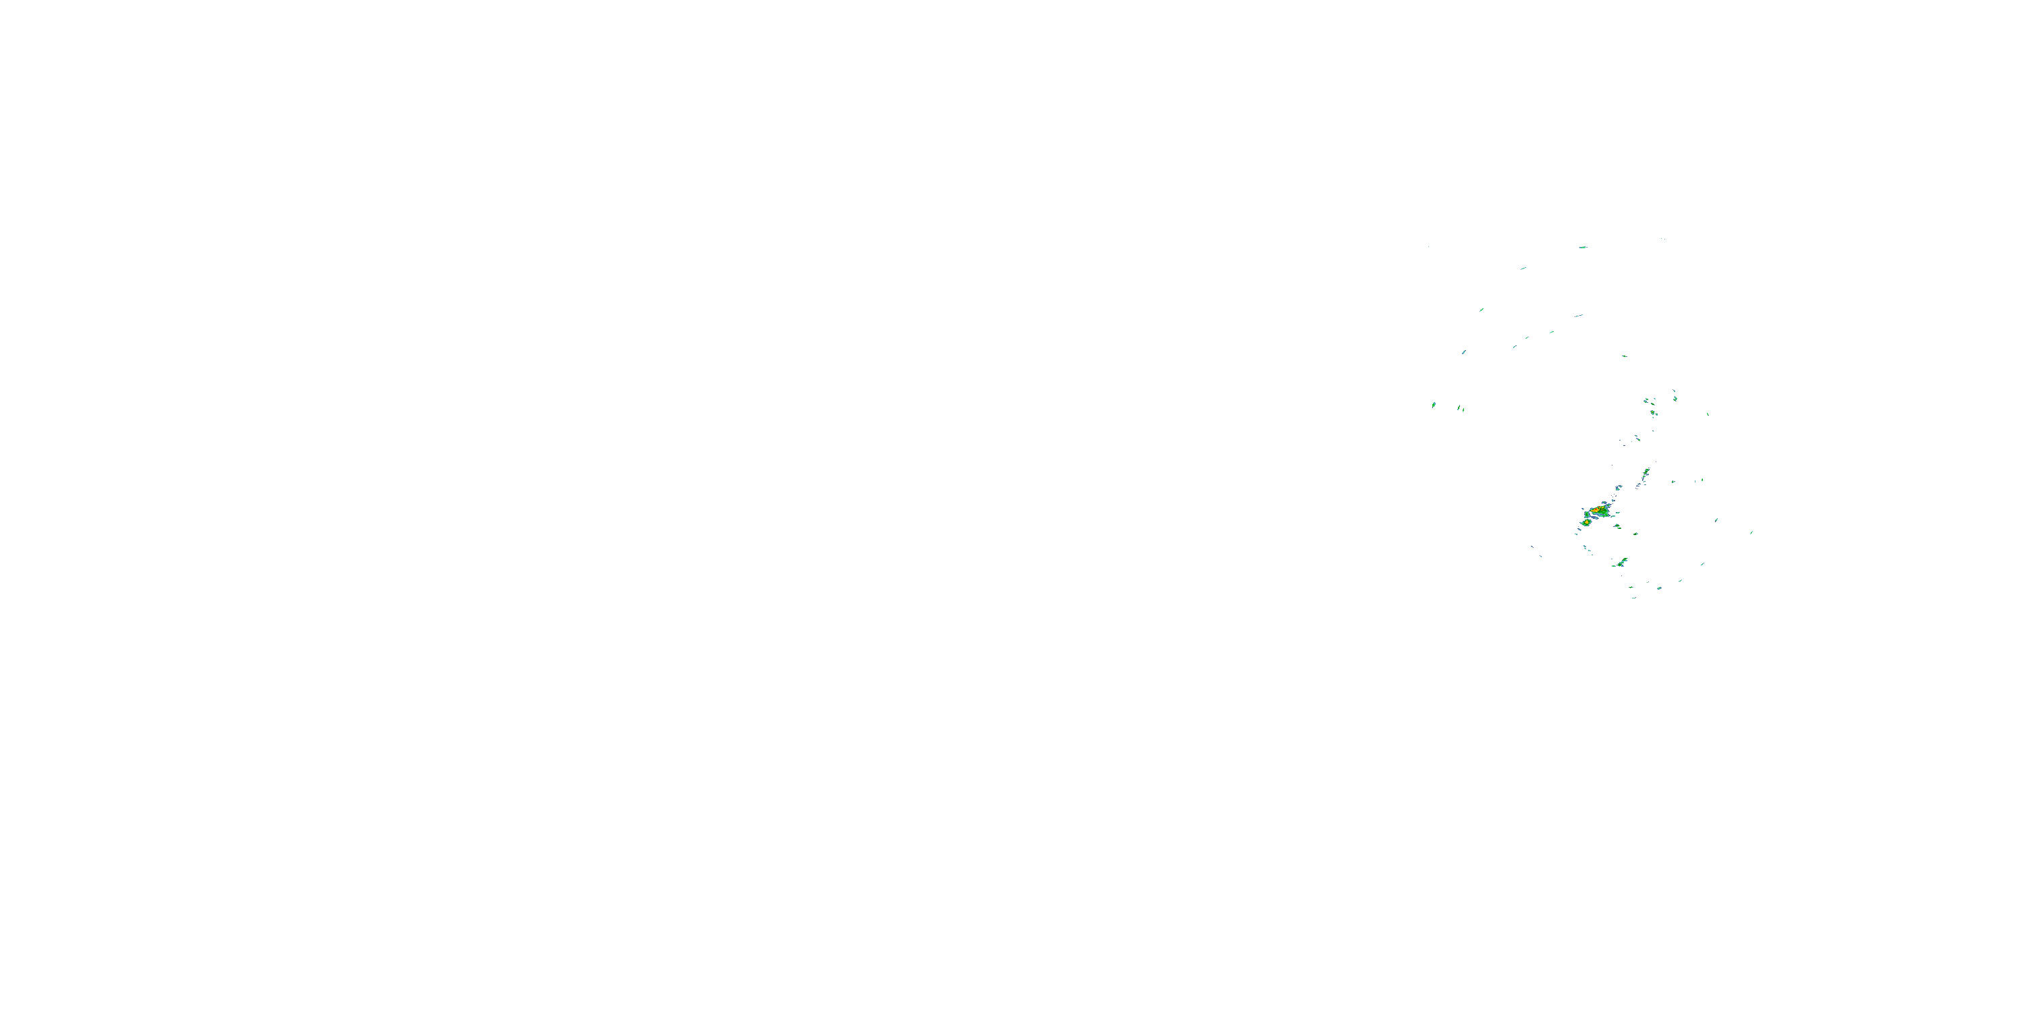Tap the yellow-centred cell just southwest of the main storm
1587,522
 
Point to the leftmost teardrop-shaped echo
1434,405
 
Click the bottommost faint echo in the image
1633,598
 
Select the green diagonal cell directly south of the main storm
1623,562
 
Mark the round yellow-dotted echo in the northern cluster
1654,412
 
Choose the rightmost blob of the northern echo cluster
1675,398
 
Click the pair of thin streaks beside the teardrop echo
1460,407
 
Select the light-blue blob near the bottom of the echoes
1658,588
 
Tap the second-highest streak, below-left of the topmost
1523,269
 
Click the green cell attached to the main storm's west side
1587,515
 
